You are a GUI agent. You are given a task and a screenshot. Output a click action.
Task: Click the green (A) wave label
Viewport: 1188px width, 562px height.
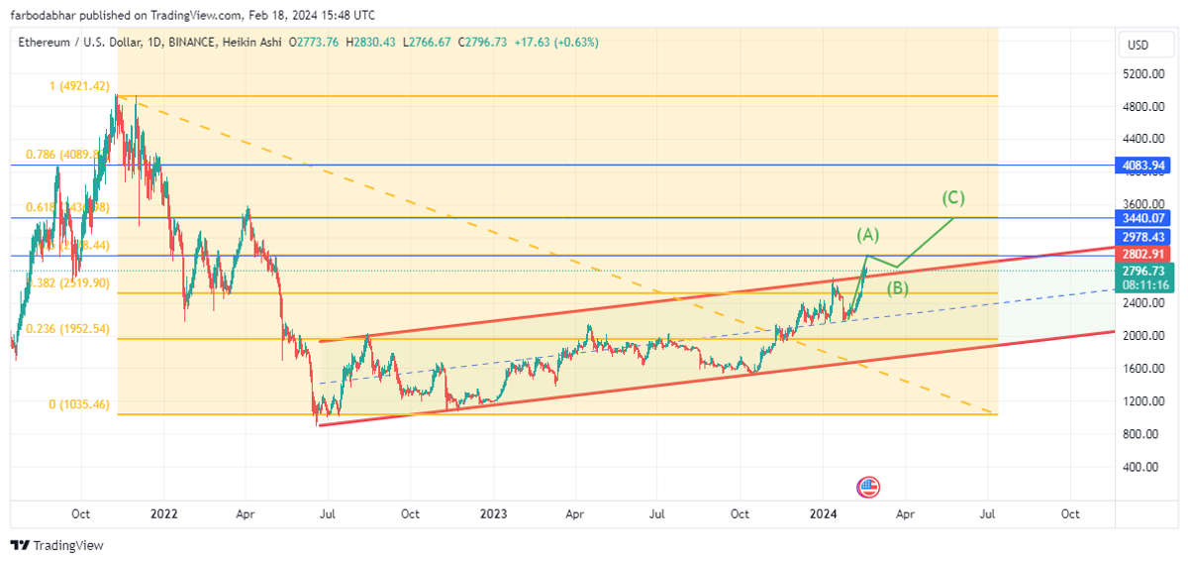867,235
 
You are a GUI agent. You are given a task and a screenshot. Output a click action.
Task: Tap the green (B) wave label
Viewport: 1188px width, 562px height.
898,288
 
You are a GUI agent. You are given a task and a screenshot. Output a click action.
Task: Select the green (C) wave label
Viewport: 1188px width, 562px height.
953,197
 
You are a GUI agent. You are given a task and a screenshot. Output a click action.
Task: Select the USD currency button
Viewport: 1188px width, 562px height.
1138,46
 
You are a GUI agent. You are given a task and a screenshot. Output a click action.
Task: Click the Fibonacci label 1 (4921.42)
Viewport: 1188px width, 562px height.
79,86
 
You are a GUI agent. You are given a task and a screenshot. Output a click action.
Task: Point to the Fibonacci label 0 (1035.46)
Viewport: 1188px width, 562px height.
79,404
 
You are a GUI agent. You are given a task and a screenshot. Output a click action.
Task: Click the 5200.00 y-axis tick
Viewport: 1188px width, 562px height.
1142,74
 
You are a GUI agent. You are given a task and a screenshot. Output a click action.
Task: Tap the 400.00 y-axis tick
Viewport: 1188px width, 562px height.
1141,467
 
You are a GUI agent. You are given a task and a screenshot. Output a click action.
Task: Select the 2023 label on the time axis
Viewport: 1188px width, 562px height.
493,513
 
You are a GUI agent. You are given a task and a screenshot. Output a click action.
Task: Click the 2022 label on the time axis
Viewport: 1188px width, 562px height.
163,513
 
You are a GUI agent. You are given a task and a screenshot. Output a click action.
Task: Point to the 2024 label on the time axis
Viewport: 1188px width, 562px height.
823,513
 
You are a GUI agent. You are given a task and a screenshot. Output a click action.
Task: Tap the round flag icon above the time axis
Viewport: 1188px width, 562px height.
868,487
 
